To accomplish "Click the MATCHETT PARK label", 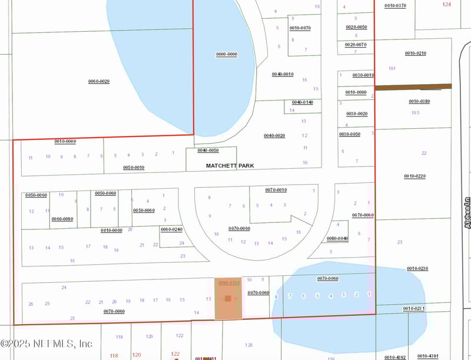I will (x=230, y=166).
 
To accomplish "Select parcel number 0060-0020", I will (x=99, y=81).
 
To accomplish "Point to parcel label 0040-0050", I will (x=208, y=151).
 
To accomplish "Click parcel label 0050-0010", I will (x=134, y=168).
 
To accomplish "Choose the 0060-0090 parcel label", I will (x=62, y=219).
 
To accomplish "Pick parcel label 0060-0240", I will (x=171, y=229).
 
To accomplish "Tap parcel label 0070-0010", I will (x=276, y=190).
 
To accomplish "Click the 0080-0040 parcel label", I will (x=337, y=238).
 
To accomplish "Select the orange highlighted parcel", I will (x=228, y=299).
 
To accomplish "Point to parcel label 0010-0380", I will (x=419, y=101).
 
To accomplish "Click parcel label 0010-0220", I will (x=414, y=176).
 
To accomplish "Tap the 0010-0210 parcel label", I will (x=415, y=54).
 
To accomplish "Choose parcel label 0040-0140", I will (x=302, y=102).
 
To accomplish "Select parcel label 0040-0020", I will (x=274, y=136).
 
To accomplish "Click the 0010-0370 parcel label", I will (x=395, y=5).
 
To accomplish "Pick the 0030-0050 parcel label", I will (x=350, y=134).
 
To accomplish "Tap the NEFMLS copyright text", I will (x=47, y=343).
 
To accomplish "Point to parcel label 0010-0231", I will (x=414, y=308).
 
